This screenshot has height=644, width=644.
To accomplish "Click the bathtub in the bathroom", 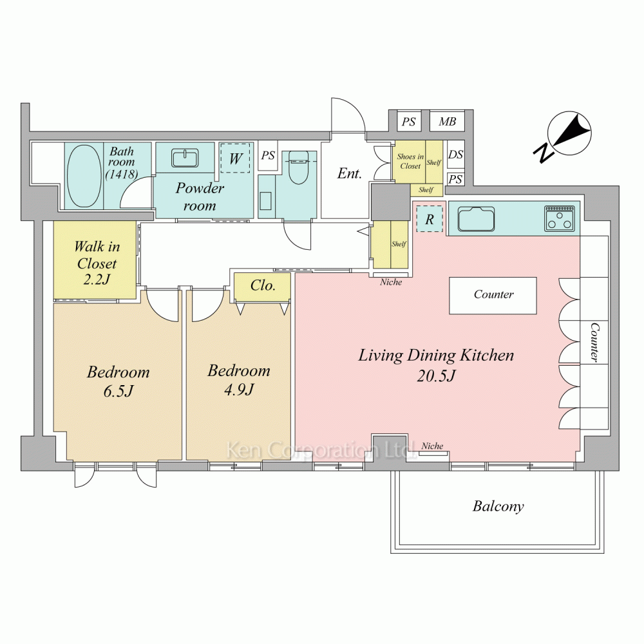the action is click(x=84, y=176).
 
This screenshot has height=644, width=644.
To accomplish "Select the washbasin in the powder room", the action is click(x=185, y=158).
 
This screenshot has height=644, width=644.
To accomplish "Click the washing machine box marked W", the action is click(x=235, y=158).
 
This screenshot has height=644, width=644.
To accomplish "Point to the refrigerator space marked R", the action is click(x=430, y=219).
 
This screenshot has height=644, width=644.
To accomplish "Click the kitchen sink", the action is click(x=477, y=219).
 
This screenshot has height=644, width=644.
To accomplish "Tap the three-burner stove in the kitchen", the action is click(x=560, y=218).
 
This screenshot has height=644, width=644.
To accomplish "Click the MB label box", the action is click(x=448, y=121).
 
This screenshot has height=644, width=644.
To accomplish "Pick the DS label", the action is click(x=455, y=155).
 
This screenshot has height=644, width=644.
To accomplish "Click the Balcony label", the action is click(x=498, y=506).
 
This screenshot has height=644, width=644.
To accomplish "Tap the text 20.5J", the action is click(x=436, y=376).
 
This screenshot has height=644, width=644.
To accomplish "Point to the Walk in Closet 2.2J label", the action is click(x=97, y=263).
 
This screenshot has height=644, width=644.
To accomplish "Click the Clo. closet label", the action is click(x=263, y=285).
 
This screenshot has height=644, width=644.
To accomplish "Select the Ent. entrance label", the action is click(x=350, y=174).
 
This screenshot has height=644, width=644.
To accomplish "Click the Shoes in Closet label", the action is click(x=410, y=161).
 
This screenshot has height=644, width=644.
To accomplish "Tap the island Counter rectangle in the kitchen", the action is click(x=493, y=296).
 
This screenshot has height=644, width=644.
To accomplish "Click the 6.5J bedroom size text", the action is click(x=118, y=392).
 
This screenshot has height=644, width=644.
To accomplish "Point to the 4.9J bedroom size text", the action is click(x=239, y=390).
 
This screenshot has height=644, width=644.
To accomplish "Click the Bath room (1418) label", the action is click(x=122, y=163).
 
